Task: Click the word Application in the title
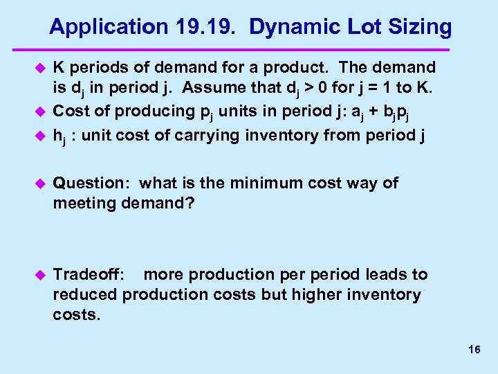(107, 28)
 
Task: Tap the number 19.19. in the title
(206, 28)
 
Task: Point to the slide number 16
(474, 350)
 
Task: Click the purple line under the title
(249, 49)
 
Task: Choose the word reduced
(85, 294)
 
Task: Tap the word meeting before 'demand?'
(84, 203)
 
